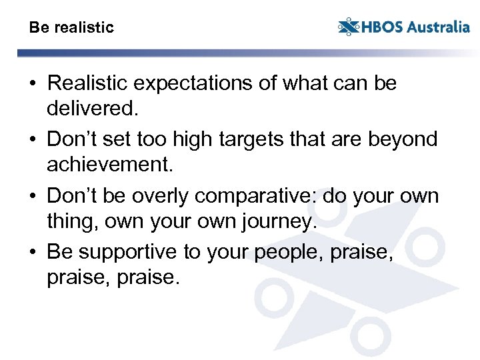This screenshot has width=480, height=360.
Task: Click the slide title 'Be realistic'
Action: pyautogui.click(x=71, y=28)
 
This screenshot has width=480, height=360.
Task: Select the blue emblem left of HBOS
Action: pyautogui.click(x=348, y=27)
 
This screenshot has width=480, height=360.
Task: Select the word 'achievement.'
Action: pyautogui.click(x=108, y=164)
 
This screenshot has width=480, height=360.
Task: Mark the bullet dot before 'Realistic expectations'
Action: pyautogui.click(x=33, y=84)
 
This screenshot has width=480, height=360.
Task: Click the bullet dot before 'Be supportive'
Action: pyautogui.click(x=33, y=253)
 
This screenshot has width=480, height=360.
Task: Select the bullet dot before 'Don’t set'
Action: pyautogui.click(x=33, y=140)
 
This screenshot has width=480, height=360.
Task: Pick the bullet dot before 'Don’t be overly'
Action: pyautogui.click(x=33, y=197)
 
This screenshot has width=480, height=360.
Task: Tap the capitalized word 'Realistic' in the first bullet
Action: pyautogui.click(x=90, y=84)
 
